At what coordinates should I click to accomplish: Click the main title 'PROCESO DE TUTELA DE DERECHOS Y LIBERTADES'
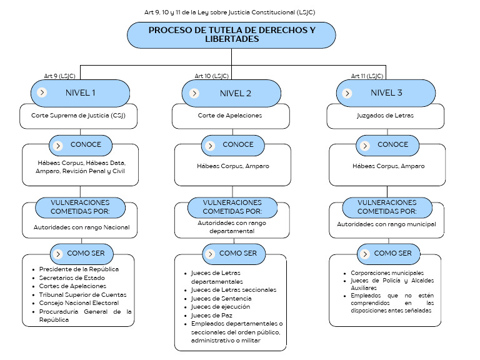pyautogui.click(x=231, y=34)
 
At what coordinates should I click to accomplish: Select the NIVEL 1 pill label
pyautogui.click(x=81, y=93)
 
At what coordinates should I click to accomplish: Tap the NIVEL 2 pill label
pyautogui.click(x=236, y=93)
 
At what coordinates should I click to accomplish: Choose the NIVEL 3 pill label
pyautogui.click(x=387, y=93)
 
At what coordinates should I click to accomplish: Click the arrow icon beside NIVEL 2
pyautogui.click(x=194, y=93)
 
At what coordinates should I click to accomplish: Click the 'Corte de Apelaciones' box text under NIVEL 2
pyautogui.click(x=230, y=116)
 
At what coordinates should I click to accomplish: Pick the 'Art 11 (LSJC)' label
pyautogui.click(x=367, y=76)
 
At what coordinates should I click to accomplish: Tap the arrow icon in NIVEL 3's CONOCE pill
pyautogui.click(x=364, y=145)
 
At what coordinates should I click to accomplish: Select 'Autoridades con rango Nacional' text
pyautogui.click(x=81, y=227)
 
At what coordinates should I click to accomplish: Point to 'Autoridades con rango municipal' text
pyautogui.click(x=386, y=224)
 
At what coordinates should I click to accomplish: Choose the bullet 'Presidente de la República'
pyautogui.click(x=78, y=269)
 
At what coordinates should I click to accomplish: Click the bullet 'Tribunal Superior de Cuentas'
pyautogui.click(x=82, y=294)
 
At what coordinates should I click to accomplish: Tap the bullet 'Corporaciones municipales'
pyautogui.click(x=387, y=273)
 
